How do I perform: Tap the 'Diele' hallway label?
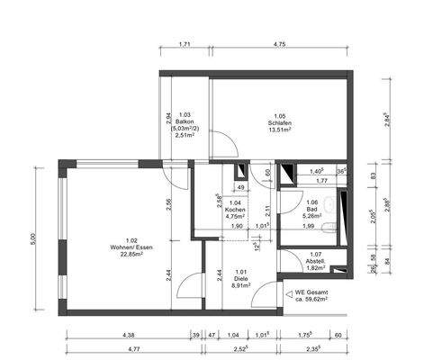click(240, 278)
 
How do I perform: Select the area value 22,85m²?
click(132, 255)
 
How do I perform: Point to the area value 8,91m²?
click(240, 285)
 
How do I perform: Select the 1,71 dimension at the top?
click(184, 43)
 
